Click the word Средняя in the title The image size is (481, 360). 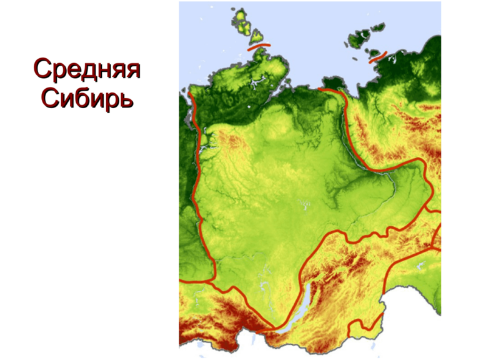86,70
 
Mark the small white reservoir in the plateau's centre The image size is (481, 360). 304,204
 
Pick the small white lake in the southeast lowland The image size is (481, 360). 419,265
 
